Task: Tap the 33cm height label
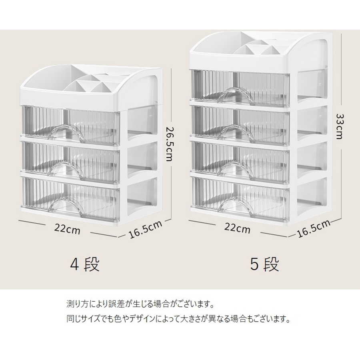[x=339, y=126]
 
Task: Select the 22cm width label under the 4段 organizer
[x=67, y=229]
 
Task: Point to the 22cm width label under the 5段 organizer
[x=237, y=229]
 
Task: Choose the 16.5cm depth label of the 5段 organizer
[x=314, y=228]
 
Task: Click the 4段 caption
[x=85, y=264]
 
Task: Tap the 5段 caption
[x=264, y=264]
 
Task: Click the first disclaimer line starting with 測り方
[x=140, y=304]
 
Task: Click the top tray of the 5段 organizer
[x=260, y=50]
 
